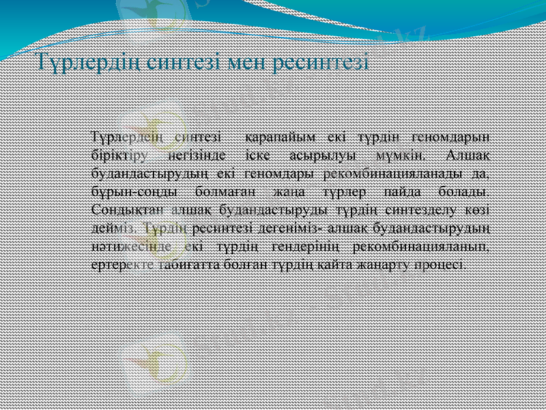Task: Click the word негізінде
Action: click(195, 152)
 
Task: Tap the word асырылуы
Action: click(317, 152)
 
